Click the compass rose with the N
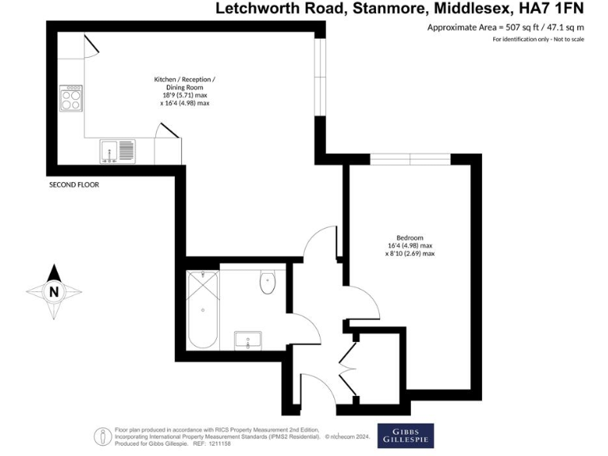tap(54, 291)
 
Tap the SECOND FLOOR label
tap(74, 184)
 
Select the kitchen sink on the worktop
tap(116, 150)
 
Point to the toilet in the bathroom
tap(267, 282)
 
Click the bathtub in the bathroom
tap(204, 310)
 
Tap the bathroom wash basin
tap(249, 340)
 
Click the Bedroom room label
tap(410, 238)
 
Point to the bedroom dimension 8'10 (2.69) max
tap(410, 254)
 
